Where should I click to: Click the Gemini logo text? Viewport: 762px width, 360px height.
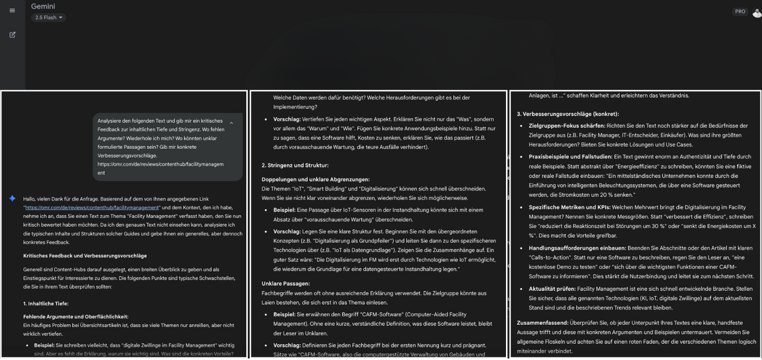point(43,7)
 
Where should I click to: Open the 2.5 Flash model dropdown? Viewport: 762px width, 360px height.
point(49,18)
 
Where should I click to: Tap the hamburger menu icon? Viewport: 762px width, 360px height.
point(12,10)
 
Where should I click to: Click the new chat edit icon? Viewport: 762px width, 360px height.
point(12,35)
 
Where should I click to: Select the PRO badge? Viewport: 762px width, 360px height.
point(740,12)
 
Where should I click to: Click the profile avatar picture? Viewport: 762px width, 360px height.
point(757,13)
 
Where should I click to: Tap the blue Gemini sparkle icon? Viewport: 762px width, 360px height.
point(12,198)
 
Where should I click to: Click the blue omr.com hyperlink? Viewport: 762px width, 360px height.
point(92,208)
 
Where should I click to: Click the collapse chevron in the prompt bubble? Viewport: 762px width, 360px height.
point(231,123)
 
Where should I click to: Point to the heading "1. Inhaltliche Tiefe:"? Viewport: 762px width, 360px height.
point(46,304)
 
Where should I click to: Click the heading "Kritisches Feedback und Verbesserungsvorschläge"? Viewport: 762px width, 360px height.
point(85,256)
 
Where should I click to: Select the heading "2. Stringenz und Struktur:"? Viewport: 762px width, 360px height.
point(295,166)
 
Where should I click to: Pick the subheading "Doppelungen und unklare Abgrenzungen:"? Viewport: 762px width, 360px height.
point(316,179)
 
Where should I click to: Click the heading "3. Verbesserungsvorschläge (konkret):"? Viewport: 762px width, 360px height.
point(568,114)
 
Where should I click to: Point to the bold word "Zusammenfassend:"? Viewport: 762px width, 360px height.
point(542,323)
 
